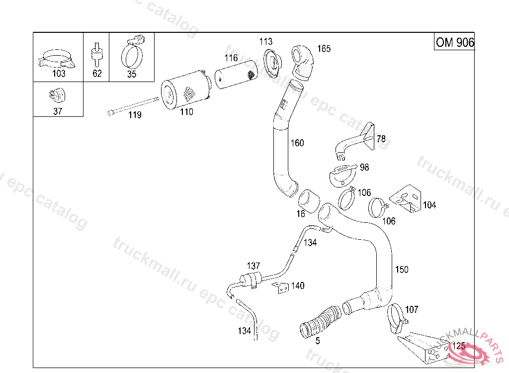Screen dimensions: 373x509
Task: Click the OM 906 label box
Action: click(x=454, y=42)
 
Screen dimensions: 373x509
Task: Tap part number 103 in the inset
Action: click(x=59, y=74)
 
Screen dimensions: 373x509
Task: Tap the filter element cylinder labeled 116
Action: click(x=236, y=77)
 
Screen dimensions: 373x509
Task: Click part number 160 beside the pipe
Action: click(x=297, y=143)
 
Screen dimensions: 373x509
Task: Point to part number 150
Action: click(x=402, y=270)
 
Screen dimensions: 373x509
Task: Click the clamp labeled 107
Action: click(x=396, y=315)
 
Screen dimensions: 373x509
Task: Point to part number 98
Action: click(x=364, y=168)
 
